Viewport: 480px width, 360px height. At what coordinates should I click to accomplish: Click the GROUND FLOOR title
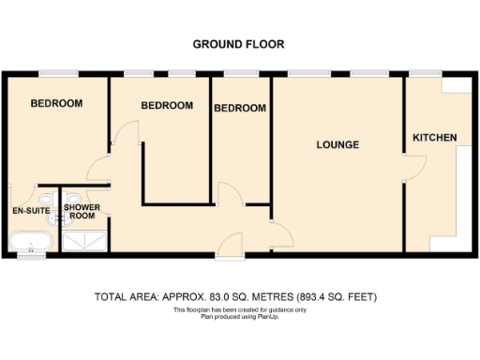point(239,44)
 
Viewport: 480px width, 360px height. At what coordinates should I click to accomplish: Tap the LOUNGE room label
point(338,144)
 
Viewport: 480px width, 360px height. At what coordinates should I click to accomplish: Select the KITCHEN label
point(435,139)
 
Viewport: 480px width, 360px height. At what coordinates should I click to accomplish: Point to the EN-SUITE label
point(30,211)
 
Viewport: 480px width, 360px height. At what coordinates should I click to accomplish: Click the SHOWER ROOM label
point(83,212)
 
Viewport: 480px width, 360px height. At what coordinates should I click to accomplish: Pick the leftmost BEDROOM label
point(56,103)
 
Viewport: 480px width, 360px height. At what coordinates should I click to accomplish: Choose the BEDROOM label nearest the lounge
point(240,109)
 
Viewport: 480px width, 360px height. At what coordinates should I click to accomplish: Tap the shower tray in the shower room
point(85,241)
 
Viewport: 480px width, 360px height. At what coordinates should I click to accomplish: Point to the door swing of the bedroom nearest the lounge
point(228,195)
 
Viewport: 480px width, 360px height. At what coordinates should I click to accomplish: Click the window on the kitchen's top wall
point(421,73)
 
